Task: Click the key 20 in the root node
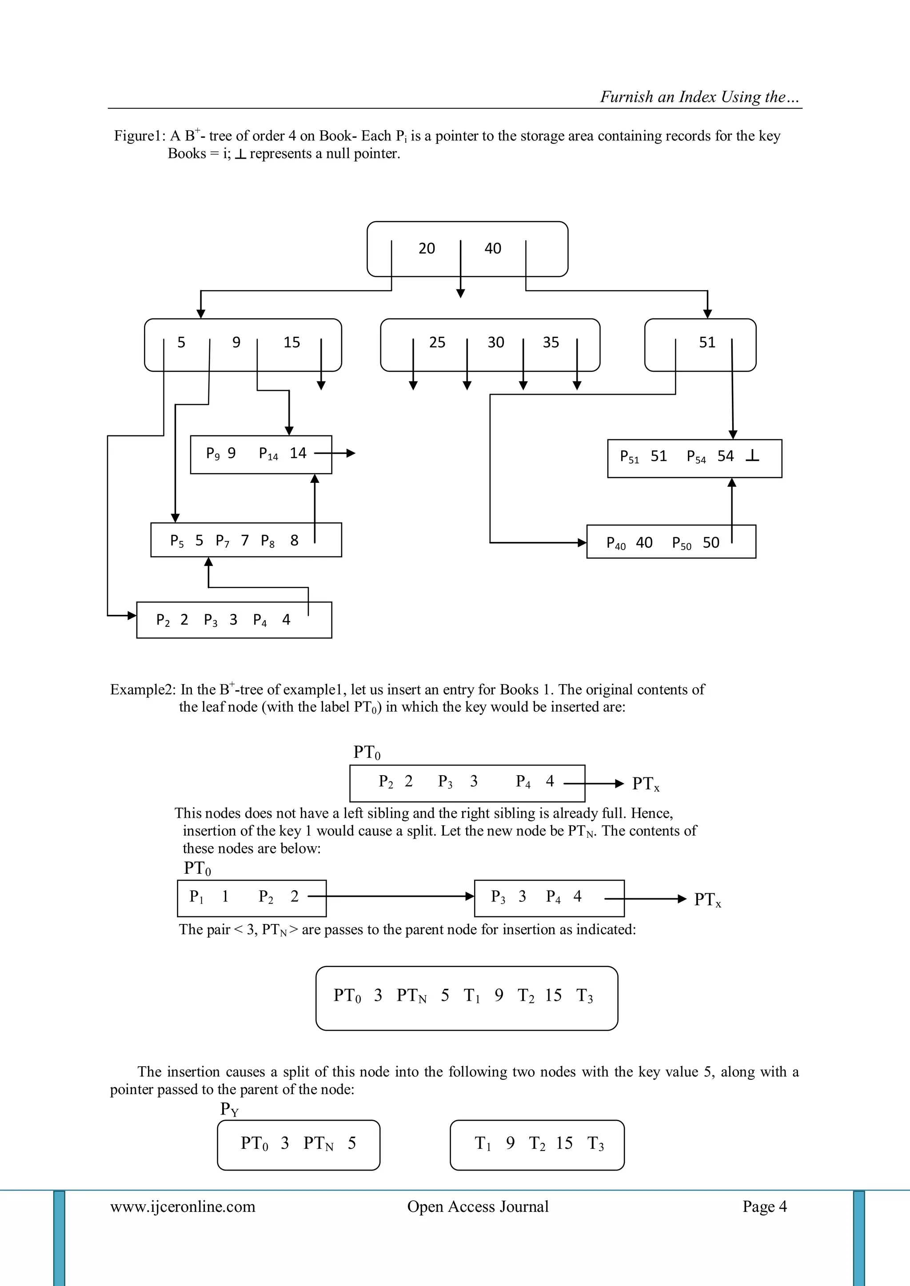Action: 427,249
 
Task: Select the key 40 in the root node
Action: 492,249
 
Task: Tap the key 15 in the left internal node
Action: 291,342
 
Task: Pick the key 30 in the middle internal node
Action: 495,342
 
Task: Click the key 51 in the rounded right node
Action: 707,342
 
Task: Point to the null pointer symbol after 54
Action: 753,457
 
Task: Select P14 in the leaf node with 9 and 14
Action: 268,454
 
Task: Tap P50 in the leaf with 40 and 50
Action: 681,543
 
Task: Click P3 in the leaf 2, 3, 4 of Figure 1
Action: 210,621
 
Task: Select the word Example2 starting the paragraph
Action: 143,689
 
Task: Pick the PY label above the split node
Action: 229,1109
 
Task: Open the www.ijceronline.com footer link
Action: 183,1206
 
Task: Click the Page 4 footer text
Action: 764,1206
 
